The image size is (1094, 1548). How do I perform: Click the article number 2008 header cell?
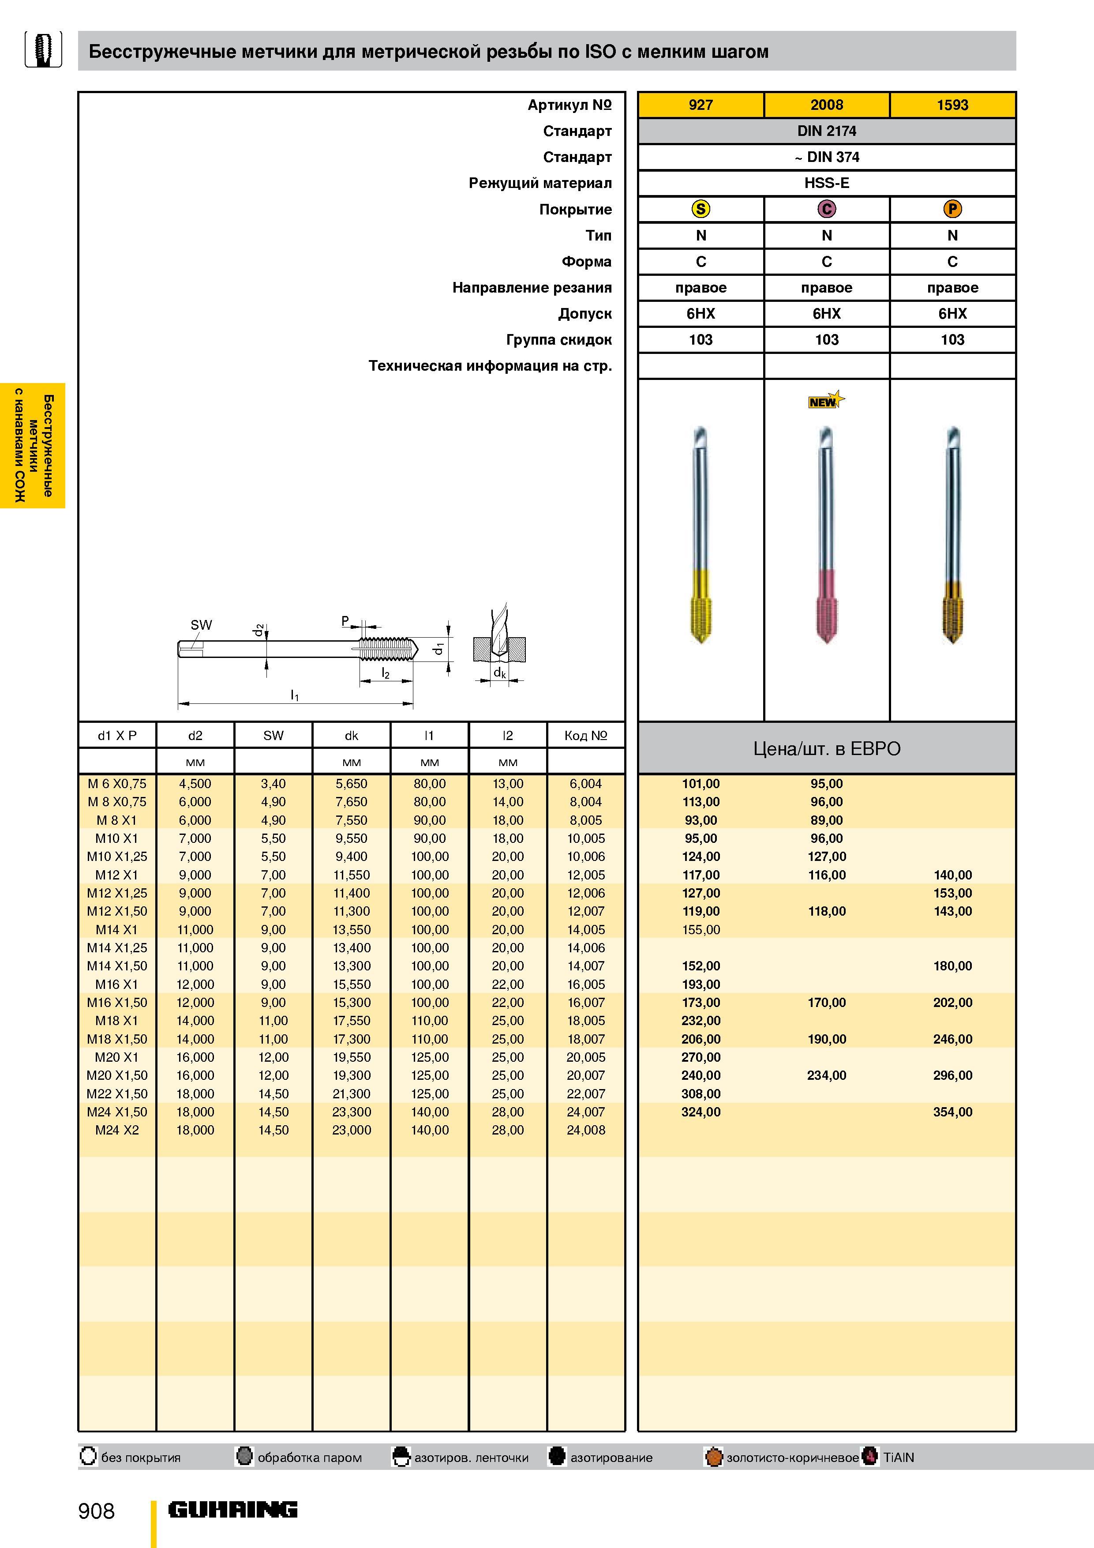click(826, 105)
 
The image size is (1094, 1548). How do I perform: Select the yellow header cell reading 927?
click(701, 105)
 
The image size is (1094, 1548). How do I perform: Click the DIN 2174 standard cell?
click(826, 131)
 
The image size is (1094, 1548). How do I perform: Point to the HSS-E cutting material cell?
click(826, 183)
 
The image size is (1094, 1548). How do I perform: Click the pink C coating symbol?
click(826, 209)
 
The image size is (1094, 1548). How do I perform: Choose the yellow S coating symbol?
click(701, 209)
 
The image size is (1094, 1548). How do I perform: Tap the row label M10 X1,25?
click(116, 856)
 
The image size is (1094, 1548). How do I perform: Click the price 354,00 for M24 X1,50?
click(952, 1112)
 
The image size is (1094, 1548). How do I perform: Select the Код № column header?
click(586, 736)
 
